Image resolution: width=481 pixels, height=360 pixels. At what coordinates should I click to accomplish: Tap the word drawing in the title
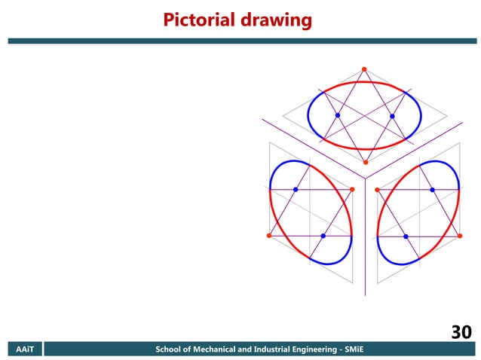coord(274,20)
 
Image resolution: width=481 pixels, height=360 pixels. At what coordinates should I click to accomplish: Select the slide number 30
coord(461,332)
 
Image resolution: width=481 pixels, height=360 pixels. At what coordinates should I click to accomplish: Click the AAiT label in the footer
coord(25,349)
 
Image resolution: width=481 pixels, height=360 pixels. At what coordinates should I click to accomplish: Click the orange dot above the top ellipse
coord(364,69)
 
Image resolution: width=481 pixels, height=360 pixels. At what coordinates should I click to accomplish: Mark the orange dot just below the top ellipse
coord(365,163)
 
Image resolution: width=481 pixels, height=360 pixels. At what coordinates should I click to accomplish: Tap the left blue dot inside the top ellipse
coord(337,115)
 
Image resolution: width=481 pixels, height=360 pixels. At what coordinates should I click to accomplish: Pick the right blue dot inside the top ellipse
coord(392,116)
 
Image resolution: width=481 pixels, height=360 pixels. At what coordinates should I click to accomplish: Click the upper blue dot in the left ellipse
coord(296,189)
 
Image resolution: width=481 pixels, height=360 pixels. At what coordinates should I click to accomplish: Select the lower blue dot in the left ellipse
coord(323,236)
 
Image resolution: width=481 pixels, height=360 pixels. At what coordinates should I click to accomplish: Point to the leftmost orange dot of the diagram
coord(268,236)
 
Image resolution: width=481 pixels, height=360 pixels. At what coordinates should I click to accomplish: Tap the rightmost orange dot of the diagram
coord(460,236)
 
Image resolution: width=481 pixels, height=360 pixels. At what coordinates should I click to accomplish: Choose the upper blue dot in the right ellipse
coord(433,189)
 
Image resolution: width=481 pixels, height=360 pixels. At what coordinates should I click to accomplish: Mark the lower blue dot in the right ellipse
coord(406,236)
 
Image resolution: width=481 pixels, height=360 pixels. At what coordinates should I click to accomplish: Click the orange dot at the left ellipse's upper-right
coord(352,188)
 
